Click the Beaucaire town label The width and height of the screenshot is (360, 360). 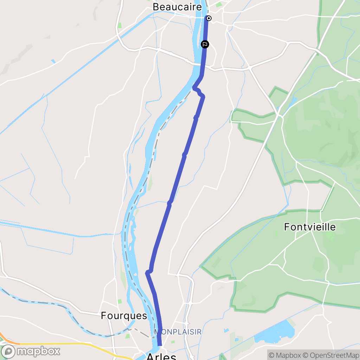pyautogui.click(x=177, y=7)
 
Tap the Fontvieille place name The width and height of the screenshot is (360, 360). pyautogui.click(x=310, y=227)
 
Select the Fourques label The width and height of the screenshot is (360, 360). pyautogui.click(x=124, y=316)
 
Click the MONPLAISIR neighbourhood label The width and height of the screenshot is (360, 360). pyautogui.click(x=178, y=332)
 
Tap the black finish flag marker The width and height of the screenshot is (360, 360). pyautogui.click(x=205, y=44)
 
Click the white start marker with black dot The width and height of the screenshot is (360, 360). pyautogui.click(x=209, y=18)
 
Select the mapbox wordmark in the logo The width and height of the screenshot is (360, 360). pyautogui.click(x=39, y=351)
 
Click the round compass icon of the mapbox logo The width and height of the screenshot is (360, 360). pyautogui.click(x=8, y=351)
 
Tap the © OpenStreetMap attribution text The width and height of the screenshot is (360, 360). pyautogui.click(x=331, y=355)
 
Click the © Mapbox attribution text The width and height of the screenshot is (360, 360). pyautogui.click(x=284, y=355)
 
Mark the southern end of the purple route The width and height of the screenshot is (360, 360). pyautogui.click(x=160, y=345)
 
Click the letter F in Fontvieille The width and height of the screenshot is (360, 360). pyautogui.click(x=287, y=227)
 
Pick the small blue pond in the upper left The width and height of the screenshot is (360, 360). pyautogui.click(x=53, y=62)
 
